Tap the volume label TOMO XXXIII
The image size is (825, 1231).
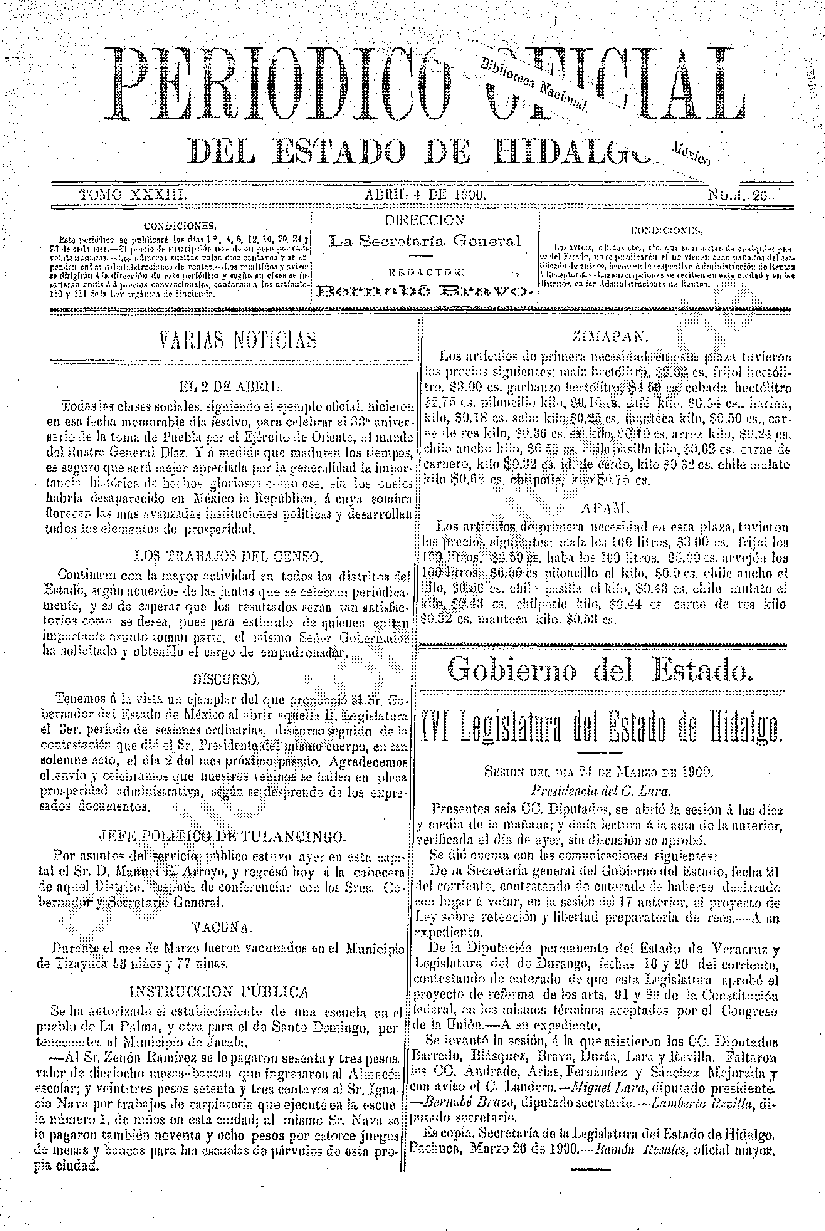pyautogui.click(x=132, y=195)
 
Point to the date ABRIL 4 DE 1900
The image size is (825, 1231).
pyautogui.click(x=425, y=195)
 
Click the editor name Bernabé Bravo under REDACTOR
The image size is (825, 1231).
pyautogui.click(x=425, y=290)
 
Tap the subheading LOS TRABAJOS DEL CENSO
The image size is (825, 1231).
pyautogui.click(x=227, y=556)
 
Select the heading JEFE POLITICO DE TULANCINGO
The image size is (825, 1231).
pyautogui.click(x=222, y=836)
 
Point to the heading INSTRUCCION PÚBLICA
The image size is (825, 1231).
pyautogui.click(x=221, y=992)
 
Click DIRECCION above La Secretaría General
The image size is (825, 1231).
pyautogui.click(x=424, y=220)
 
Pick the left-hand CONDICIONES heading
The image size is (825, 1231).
pyautogui.click(x=180, y=227)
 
